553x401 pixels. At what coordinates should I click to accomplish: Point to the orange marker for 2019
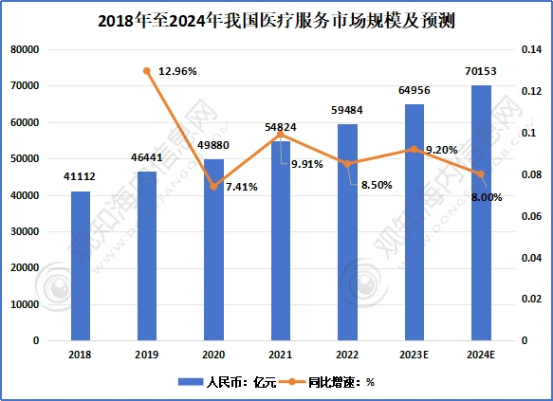147,70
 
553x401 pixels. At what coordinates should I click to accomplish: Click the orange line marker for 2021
281,135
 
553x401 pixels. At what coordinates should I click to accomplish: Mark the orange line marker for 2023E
415,149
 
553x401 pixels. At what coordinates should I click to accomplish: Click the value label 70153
481,70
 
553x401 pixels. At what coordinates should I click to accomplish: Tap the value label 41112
81,177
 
